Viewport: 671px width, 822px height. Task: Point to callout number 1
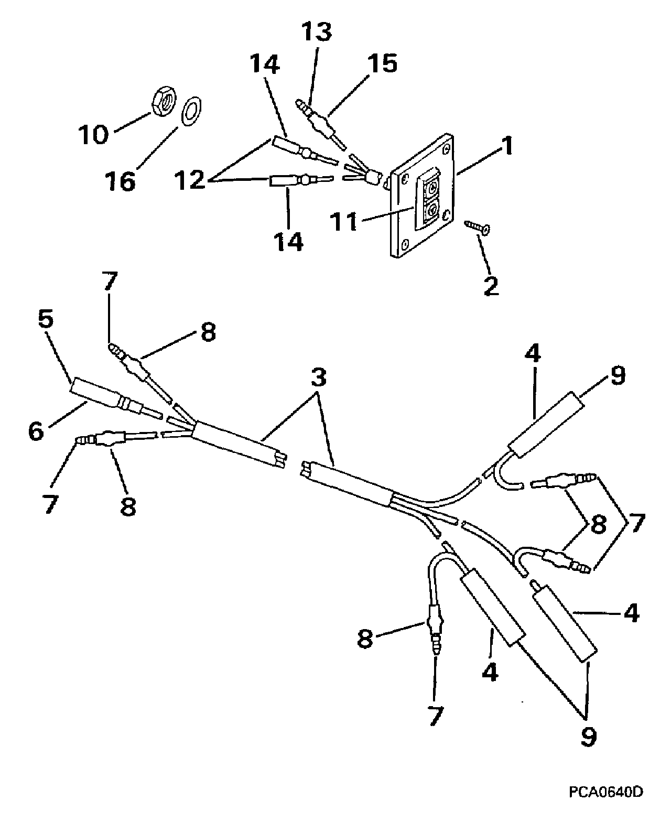pyautogui.click(x=508, y=146)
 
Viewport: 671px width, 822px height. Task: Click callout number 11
pyautogui.click(x=344, y=222)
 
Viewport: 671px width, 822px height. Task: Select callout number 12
pyautogui.click(x=190, y=180)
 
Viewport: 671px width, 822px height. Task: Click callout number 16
pyautogui.click(x=121, y=181)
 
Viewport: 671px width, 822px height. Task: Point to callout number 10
pyautogui.click(x=93, y=135)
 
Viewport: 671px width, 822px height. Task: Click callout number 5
pyautogui.click(x=46, y=320)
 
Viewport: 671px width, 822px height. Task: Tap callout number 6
pyautogui.click(x=36, y=431)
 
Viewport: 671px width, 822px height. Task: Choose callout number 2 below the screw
pyautogui.click(x=491, y=286)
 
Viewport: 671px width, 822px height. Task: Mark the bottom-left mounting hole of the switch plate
pyautogui.click(x=405, y=244)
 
